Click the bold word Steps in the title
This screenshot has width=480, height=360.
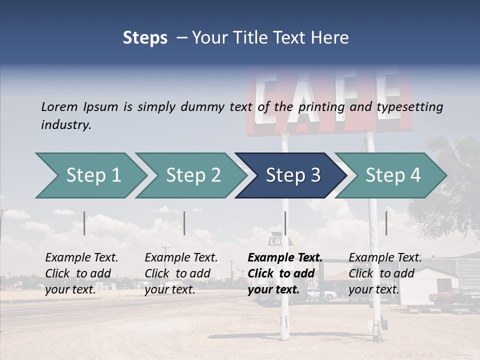145,38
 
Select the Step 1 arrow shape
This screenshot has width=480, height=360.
90,175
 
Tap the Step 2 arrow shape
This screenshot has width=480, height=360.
190,175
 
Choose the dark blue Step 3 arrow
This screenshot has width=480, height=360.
290,175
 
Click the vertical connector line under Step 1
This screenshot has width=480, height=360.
84,223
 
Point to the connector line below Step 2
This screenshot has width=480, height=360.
184,223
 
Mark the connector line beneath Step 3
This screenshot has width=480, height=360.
285,223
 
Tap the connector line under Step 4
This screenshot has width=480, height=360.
386,223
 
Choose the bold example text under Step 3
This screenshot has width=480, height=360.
284,273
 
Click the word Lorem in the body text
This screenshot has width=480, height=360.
59,106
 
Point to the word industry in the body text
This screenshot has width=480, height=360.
66,125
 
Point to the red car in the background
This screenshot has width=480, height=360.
452,297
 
